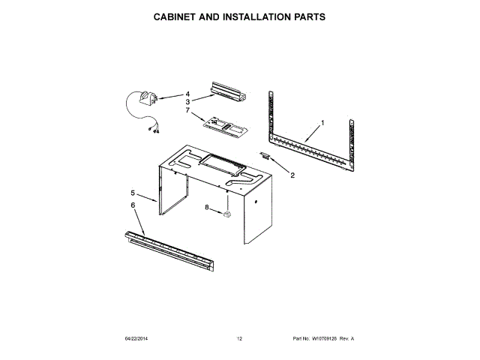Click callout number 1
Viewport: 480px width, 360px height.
322,122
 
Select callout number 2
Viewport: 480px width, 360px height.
292,175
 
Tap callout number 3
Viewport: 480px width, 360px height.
188,101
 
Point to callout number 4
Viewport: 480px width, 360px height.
188,94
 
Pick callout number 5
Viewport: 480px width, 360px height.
133,192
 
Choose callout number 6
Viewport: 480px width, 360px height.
133,205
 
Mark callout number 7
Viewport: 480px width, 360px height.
188,109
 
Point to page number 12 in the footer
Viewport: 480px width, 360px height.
239,339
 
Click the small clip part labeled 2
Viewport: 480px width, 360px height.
266,155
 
